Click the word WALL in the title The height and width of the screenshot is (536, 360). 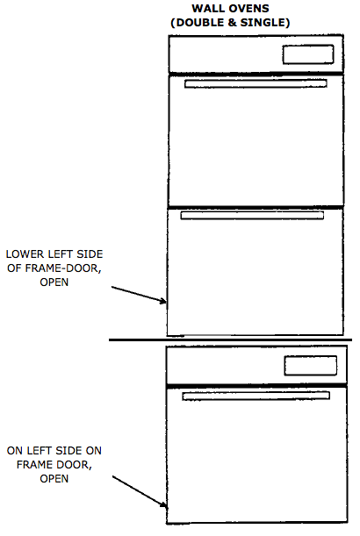(x=206, y=8)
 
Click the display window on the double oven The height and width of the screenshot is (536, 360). (x=308, y=54)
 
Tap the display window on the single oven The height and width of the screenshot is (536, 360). (x=310, y=366)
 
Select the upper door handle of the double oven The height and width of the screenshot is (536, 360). (x=256, y=83)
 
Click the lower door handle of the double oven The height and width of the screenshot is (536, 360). (x=252, y=215)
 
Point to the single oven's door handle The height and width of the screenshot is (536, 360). (x=256, y=396)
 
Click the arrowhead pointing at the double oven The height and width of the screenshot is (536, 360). (x=163, y=301)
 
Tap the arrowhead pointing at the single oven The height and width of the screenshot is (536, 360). (x=163, y=504)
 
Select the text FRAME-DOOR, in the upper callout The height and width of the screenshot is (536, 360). (x=63, y=268)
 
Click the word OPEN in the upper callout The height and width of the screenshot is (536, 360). (x=54, y=282)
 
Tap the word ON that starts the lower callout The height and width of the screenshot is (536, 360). (x=15, y=451)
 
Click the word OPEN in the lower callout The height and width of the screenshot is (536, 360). (x=54, y=479)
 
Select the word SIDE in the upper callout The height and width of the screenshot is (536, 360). (x=90, y=254)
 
